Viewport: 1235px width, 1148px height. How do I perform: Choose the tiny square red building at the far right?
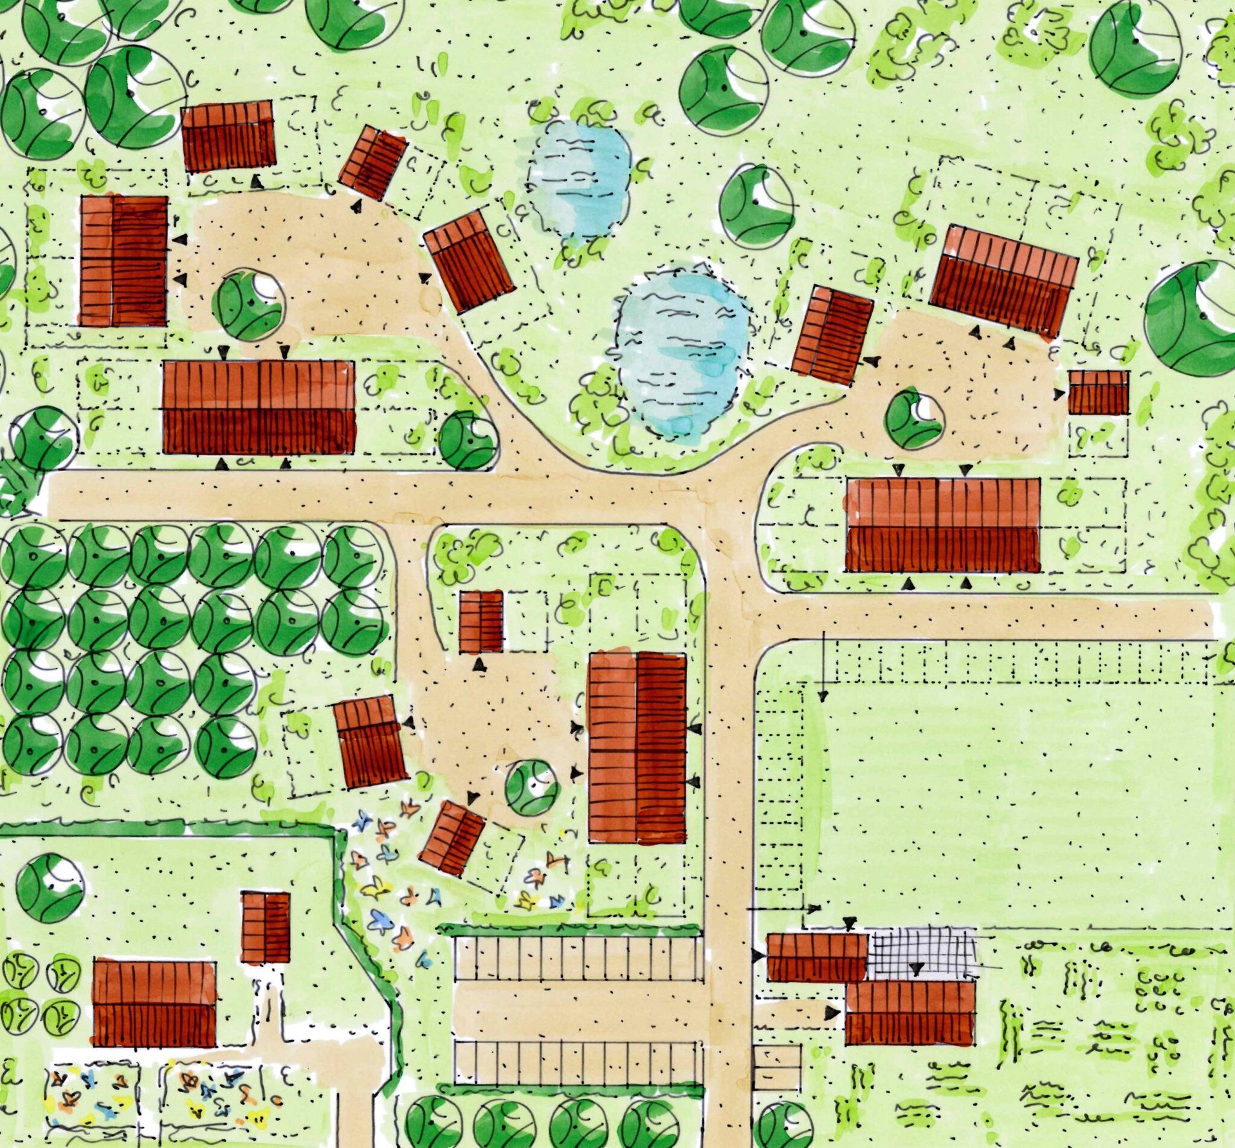coord(1098,392)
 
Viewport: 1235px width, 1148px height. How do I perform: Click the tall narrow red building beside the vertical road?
coord(637,747)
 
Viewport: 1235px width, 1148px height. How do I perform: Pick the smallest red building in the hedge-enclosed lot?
coord(266,927)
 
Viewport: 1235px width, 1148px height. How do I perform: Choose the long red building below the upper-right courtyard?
coord(942,524)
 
